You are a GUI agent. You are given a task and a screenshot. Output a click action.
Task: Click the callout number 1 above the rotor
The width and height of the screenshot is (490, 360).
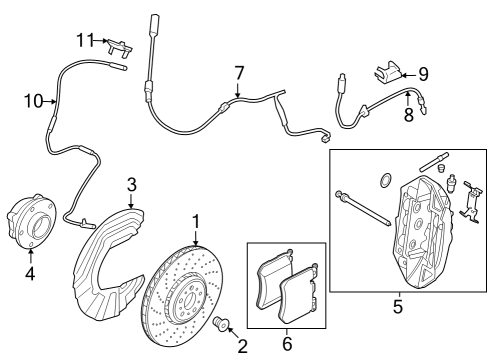pyautogui.click(x=196, y=222)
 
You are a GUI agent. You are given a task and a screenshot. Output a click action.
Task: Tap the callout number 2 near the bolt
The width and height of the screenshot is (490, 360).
pyautogui.click(x=241, y=346)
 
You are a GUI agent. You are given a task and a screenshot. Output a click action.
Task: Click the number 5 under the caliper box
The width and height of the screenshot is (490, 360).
pyautogui.click(x=397, y=307)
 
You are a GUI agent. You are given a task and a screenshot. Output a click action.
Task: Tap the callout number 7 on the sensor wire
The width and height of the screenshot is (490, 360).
pyautogui.click(x=238, y=72)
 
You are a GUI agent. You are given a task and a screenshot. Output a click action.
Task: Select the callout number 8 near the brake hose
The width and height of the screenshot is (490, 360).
pyautogui.click(x=408, y=115)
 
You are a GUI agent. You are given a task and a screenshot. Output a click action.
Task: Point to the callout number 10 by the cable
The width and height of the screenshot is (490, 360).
pyautogui.click(x=33, y=100)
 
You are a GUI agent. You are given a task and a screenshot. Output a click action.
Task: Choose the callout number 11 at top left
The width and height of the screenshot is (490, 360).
pyautogui.click(x=85, y=39)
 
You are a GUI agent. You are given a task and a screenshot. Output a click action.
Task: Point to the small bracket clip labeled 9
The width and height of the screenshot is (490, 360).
pyautogui.click(x=392, y=71)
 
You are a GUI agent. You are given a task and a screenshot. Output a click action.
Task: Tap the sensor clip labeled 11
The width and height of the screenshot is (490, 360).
pyautogui.click(x=119, y=45)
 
